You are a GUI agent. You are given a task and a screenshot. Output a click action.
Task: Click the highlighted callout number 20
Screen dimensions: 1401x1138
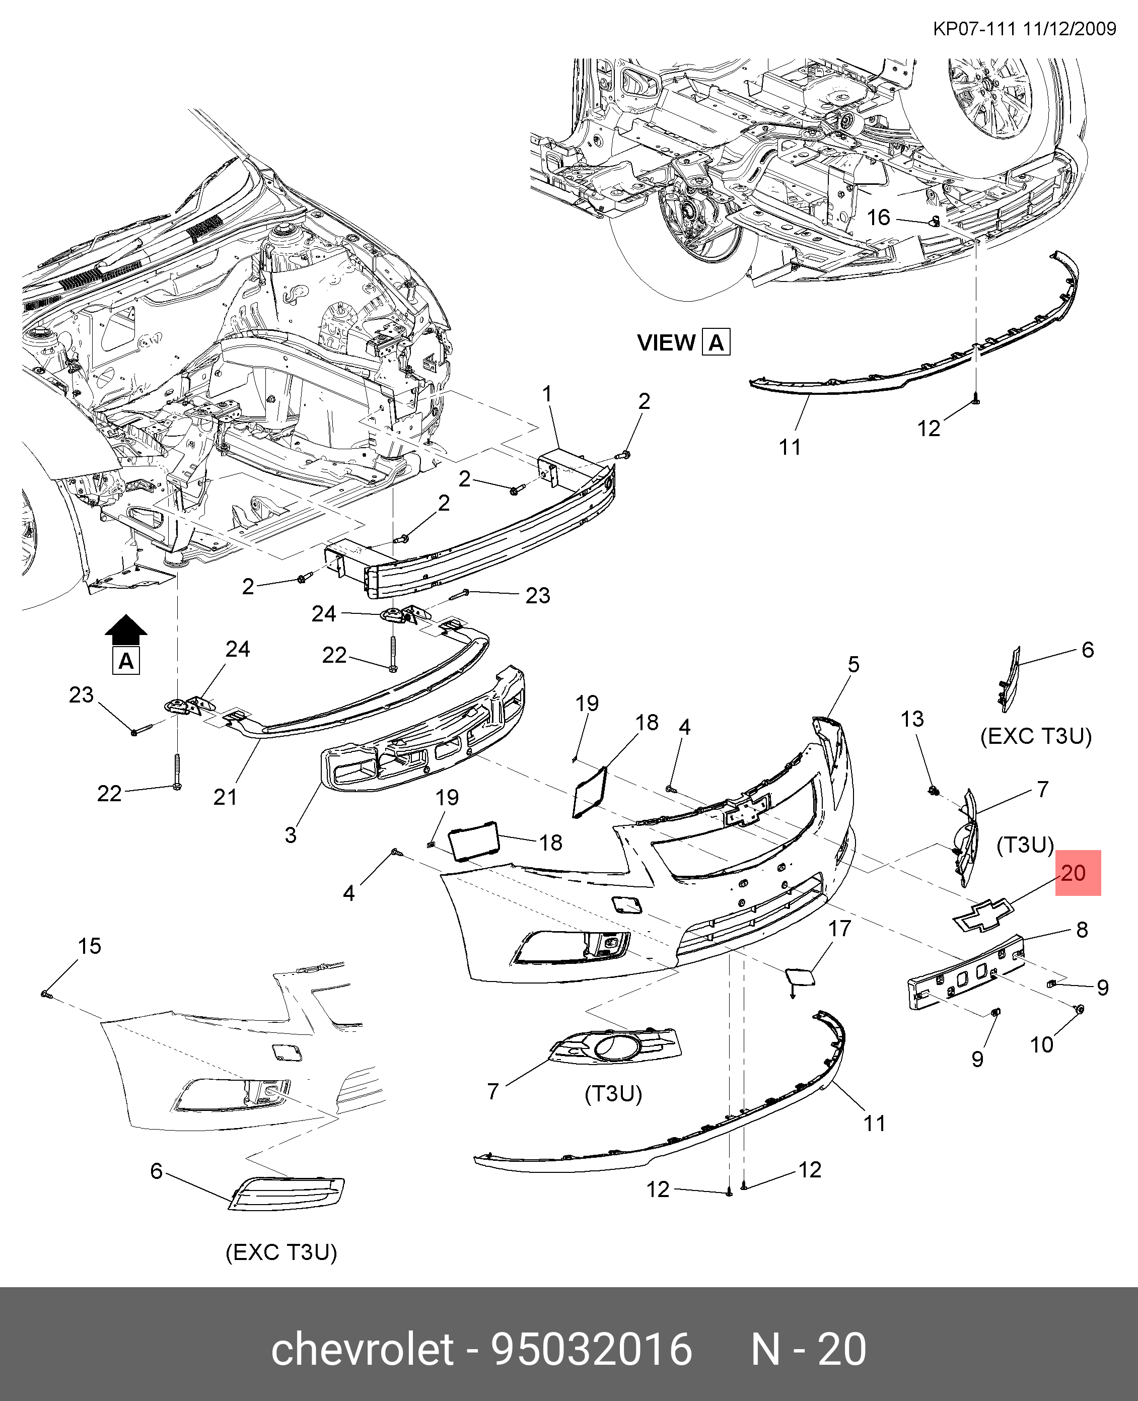(x=1073, y=873)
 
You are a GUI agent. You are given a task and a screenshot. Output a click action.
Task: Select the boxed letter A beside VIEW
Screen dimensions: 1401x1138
(x=716, y=343)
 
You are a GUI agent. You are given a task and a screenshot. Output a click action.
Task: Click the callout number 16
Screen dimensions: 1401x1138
(x=878, y=217)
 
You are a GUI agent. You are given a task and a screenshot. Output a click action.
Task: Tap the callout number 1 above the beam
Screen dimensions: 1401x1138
(x=547, y=394)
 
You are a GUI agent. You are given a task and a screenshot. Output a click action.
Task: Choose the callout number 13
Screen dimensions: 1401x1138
(x=912, y=719)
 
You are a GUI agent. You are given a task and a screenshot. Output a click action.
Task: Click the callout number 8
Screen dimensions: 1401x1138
(x=1082, y=929)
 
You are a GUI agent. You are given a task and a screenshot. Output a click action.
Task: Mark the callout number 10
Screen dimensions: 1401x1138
(x=1042, y=1044)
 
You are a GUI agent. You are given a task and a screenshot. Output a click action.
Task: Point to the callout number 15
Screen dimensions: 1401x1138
(x=90, y=946)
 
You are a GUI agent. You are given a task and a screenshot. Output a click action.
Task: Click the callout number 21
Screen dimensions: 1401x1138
(x=225, y=797)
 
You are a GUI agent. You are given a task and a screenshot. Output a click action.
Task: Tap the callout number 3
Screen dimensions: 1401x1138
(x=291, y=835)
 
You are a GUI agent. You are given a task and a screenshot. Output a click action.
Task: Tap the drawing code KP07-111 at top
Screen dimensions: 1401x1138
(x=974, y=29)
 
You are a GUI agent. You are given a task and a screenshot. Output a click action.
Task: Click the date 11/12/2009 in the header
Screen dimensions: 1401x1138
(x=1069, y=29)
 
